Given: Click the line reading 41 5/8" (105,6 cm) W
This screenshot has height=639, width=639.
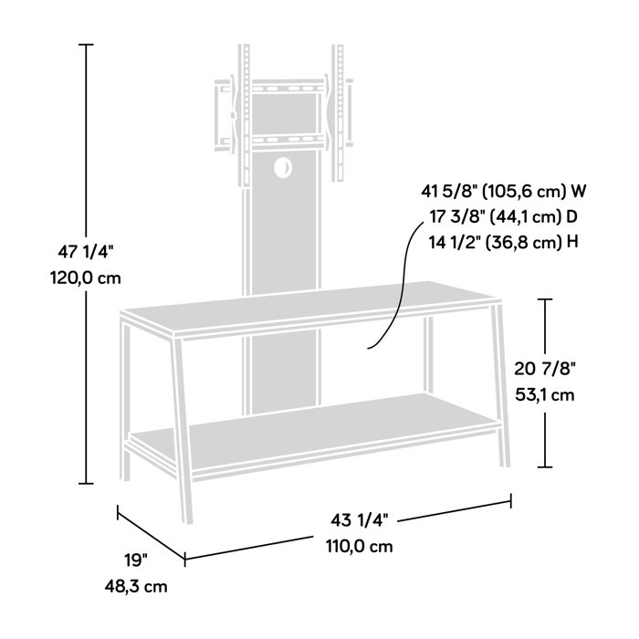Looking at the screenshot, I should [504, 192].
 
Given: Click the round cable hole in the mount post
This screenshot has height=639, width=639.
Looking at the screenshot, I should [282, 168].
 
